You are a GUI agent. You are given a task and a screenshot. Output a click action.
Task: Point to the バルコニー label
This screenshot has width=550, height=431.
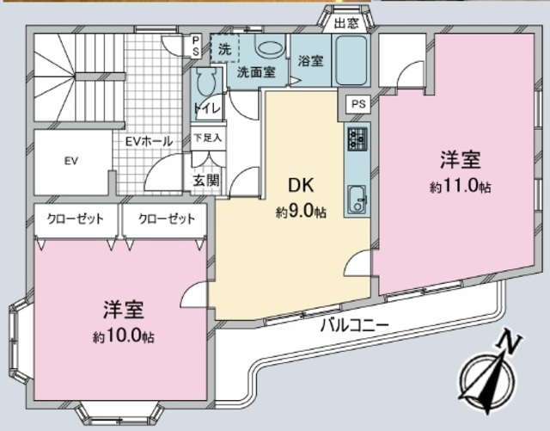pyautogui.click(x=354, y=325)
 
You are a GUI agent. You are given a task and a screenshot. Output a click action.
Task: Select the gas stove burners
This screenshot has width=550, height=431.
pyautogui.click(x=357, y=138)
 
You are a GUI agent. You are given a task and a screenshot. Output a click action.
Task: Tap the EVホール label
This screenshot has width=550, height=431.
pyautogui.click(x=149, y=141)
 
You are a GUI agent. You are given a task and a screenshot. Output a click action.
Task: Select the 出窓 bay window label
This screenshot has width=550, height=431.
pyautogui.click(x=346, y=23)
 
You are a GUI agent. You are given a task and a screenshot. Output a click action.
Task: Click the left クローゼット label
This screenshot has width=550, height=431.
pyautogui.click(x=76, y=219)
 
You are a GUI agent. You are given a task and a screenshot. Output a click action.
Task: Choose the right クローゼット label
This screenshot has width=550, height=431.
pyautogui.click(x=166, y=219)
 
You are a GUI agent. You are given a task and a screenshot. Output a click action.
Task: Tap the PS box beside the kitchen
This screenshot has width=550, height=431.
pyautogui.click(x=357, y=104)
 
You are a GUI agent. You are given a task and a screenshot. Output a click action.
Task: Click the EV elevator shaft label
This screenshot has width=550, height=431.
pyautogui.click(x=71, y=161)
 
